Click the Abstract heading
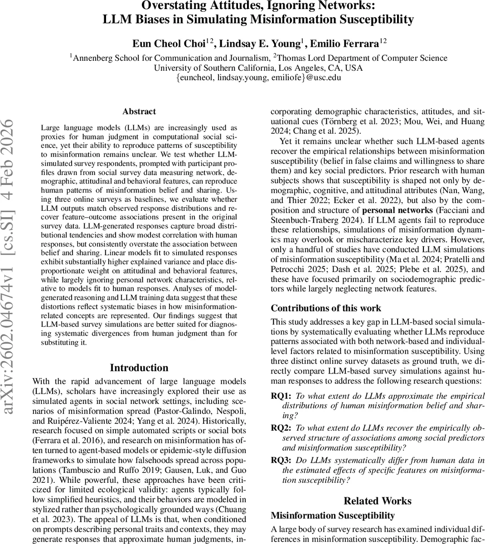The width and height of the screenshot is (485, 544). point(139,112)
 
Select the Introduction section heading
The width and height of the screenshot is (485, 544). point(139,368)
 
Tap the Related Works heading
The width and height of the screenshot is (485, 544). point(377,501)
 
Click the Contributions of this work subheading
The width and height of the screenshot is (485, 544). point(326,308)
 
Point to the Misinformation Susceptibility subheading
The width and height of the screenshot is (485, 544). point(333,515)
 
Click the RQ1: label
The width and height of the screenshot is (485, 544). point(281,396)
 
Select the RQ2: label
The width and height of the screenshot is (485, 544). point(281,427)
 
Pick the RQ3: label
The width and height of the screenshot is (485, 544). point(281,460)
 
